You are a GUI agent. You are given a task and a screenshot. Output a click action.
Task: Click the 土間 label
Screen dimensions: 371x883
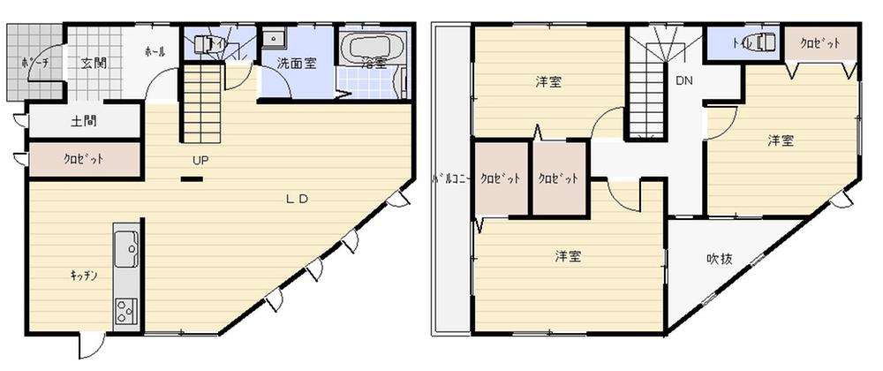85,121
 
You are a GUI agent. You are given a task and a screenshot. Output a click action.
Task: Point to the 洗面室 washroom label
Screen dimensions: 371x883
294,63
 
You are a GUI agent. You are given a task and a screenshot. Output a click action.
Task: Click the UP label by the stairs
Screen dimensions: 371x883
202,161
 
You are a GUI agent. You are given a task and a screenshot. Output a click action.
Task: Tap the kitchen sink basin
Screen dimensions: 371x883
125,249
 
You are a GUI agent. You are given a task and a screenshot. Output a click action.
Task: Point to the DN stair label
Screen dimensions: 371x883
683,80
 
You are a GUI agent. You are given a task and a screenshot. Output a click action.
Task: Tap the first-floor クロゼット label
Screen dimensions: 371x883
83,160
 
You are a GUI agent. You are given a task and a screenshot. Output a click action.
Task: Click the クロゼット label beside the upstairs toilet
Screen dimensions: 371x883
819,43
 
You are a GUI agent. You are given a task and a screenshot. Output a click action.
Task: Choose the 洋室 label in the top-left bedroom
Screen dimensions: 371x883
548,82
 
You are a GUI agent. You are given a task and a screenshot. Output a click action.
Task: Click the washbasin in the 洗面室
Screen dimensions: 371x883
275,38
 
